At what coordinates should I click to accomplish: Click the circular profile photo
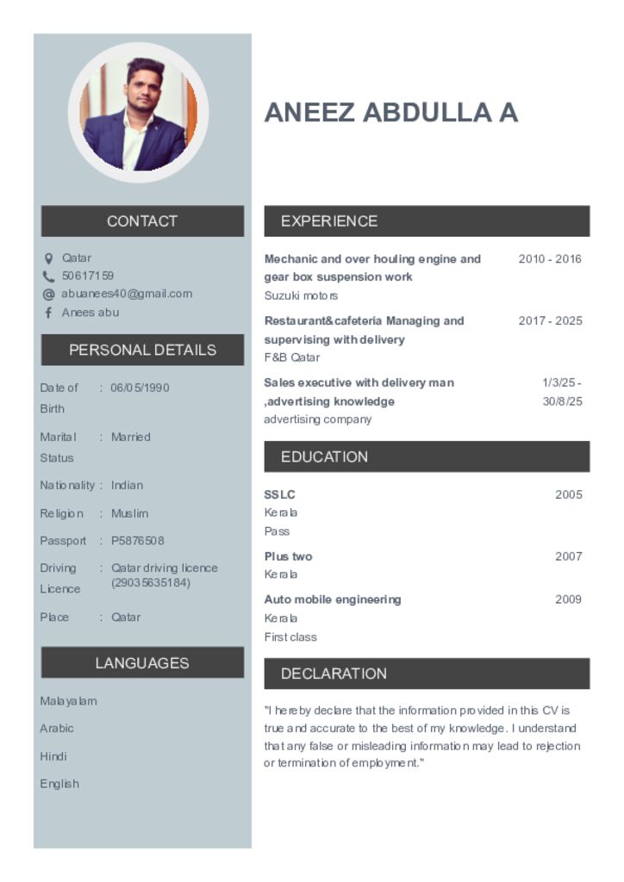pos(138,113)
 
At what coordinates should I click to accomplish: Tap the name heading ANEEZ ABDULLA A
pos(390,113)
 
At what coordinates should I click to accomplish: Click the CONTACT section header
pos(142,221)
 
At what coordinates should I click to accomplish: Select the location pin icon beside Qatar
pos(48,258)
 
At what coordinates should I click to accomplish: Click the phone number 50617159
pos(88,276)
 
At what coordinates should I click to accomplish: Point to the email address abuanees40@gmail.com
pos(127,294)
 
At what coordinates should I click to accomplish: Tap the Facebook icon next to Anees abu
pos(48,313)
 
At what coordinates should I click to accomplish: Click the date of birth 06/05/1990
pos(140,388)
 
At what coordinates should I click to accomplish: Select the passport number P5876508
pos(137,541)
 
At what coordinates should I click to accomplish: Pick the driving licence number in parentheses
pos(151,583)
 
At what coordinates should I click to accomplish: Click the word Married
pos(130,438)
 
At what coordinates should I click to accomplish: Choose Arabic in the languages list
pos(57,729)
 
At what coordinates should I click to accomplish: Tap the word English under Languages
pos(59,784)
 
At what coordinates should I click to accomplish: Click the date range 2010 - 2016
pos(550,259)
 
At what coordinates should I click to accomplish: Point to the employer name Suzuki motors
pos(301,295)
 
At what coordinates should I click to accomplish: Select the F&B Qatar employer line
pos(291,357)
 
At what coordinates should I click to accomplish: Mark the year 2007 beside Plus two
pos(568,556)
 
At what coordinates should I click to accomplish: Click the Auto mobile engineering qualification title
pos(333,599)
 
